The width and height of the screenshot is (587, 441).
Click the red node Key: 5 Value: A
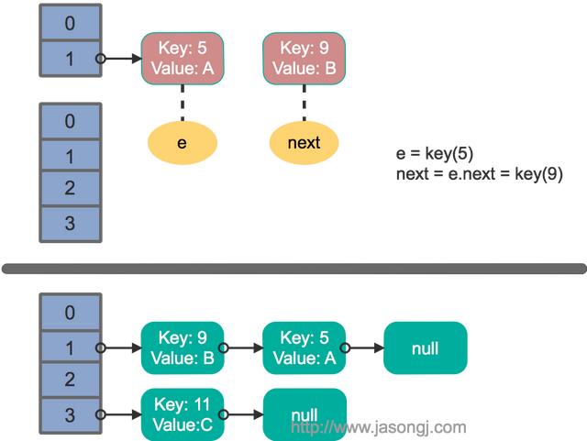click(183, 59)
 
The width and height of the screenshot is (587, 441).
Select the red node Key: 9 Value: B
click(304, 59)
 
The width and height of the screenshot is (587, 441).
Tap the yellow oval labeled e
click(183, 143)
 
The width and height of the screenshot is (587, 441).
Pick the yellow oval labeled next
click(304, 143)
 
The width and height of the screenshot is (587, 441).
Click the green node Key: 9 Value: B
click(183, 347)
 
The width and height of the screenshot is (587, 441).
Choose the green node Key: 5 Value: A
click(304, 347)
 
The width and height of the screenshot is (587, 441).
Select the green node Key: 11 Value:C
click(183, 414)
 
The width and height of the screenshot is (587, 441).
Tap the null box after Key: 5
click(426, 347)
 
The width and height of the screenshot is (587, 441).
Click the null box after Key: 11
click(305, 414)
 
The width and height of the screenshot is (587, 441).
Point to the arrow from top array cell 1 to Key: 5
click(119, 59)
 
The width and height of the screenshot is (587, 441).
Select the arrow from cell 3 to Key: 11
click(119, 414)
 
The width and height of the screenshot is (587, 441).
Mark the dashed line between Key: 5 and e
click(183, 103)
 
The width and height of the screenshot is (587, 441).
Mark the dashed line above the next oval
click(304, 103)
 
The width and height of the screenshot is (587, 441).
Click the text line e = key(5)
click(435, 153)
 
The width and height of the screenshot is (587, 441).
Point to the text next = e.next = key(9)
click(479, 174)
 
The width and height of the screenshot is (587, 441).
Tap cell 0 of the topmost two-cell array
click(71, 22)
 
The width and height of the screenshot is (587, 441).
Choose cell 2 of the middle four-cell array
click(71, 188)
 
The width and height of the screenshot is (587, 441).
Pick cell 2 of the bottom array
click(71, 380)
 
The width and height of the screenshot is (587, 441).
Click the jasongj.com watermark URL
click(379, 427)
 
